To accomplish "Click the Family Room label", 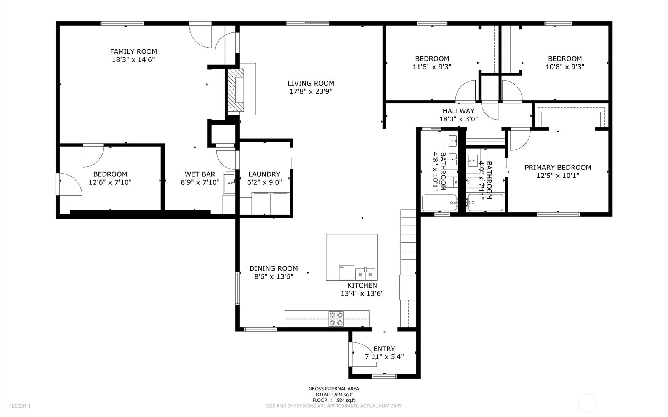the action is click(133, 51).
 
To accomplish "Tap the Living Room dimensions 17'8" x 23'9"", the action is click(311, 91).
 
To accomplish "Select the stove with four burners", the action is click(336, 319).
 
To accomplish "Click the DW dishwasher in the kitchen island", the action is click(346, 272).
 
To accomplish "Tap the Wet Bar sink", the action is click(229, 184).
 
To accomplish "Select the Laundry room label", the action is click(264, 174).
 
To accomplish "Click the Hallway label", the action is click(458, 111).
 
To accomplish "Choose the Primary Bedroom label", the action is click(558, 167).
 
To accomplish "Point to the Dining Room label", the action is click(274, 268).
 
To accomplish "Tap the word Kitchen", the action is click(362, 285).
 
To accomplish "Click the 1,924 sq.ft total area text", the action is click(334, 395).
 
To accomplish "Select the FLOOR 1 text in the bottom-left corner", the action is click(20, 406).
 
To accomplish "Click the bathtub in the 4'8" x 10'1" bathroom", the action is click(439, 203).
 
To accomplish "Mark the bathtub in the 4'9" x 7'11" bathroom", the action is click(485, 203).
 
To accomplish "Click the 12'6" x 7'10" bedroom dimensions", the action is click(110, 182).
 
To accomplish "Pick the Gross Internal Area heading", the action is click(334, 389).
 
